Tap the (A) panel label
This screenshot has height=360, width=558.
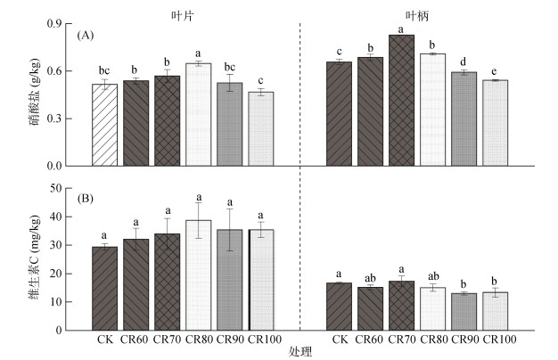click(86, 36)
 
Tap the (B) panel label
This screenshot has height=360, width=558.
click(86, 199)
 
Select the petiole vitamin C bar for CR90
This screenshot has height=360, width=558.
click(464, 311)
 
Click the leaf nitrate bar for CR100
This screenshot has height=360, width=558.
click(260, 128)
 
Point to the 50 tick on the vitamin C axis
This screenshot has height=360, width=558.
click(63, 188)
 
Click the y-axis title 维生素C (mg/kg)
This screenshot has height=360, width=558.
click(33, 258)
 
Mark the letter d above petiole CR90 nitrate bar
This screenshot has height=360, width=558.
click(464, 61)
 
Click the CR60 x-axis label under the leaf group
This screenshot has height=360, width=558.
click(135, 340)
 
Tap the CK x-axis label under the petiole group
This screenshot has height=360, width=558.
click(339, 340)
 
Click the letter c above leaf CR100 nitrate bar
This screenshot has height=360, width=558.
click(260, 81)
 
